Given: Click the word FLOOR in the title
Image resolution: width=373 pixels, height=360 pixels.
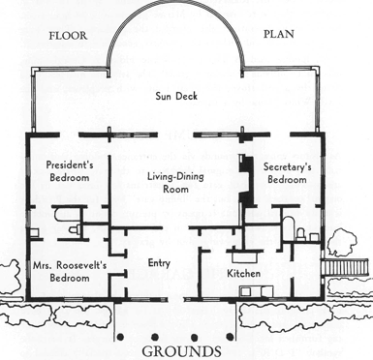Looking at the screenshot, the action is click(68, 36).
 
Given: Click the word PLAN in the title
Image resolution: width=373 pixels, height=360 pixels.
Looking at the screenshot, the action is click(279, 34).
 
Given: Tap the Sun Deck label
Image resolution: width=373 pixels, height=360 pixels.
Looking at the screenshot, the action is click(176, 96).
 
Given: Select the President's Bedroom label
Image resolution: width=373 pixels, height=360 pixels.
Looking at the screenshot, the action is click(70, 171).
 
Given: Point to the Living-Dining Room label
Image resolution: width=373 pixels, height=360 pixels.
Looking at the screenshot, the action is click(175, 182).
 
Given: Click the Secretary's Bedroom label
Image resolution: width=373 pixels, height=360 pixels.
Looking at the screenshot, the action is click(287, 173).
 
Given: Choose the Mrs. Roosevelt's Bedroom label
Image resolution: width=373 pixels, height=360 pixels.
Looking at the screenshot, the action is click(70, 271).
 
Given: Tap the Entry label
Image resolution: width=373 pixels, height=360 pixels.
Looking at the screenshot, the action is click(159, 263).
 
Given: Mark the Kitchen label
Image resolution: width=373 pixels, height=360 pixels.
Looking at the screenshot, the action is click(243, 274).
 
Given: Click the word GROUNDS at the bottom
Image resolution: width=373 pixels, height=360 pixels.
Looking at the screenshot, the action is click(181, 351).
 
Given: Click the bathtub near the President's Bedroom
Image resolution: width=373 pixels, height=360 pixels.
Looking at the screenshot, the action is click(67, 215).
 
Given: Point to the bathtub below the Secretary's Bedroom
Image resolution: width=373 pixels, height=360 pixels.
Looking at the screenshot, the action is click(289, 228).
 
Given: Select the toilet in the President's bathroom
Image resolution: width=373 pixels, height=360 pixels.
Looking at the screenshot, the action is click(75, 229).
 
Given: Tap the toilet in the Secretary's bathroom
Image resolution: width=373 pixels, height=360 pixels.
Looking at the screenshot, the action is click(301, 234).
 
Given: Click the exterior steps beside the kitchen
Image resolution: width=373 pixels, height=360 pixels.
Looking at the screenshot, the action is click(346, 267).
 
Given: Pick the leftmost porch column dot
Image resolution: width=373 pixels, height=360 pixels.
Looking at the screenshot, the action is click(120, 337).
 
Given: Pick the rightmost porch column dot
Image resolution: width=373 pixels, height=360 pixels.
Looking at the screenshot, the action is click(230, 337).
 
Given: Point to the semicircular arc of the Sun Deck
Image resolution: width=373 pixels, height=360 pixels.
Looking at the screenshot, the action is click(176, 20).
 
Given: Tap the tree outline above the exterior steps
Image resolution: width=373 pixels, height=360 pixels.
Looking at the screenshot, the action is click(342, 241).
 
